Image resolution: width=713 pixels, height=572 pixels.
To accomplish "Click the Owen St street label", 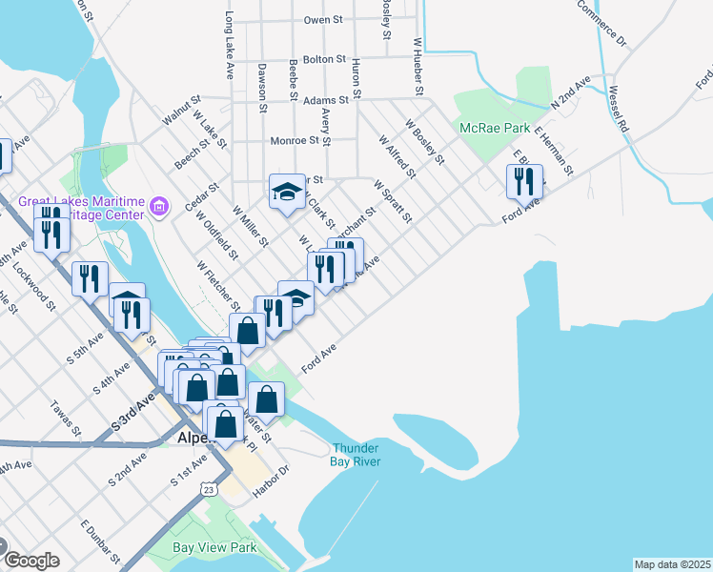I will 323,19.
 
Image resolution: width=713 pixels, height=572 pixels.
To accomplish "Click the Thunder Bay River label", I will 356,455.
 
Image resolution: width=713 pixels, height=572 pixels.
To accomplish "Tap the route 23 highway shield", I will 208,488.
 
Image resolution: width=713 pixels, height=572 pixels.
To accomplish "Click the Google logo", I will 31,561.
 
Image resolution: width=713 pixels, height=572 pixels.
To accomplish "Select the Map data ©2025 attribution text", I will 672,564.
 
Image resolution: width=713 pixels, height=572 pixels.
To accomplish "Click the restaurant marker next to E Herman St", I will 524,180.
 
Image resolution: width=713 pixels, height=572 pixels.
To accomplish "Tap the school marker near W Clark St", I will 286,192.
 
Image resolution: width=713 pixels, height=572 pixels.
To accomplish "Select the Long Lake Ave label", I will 229,45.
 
